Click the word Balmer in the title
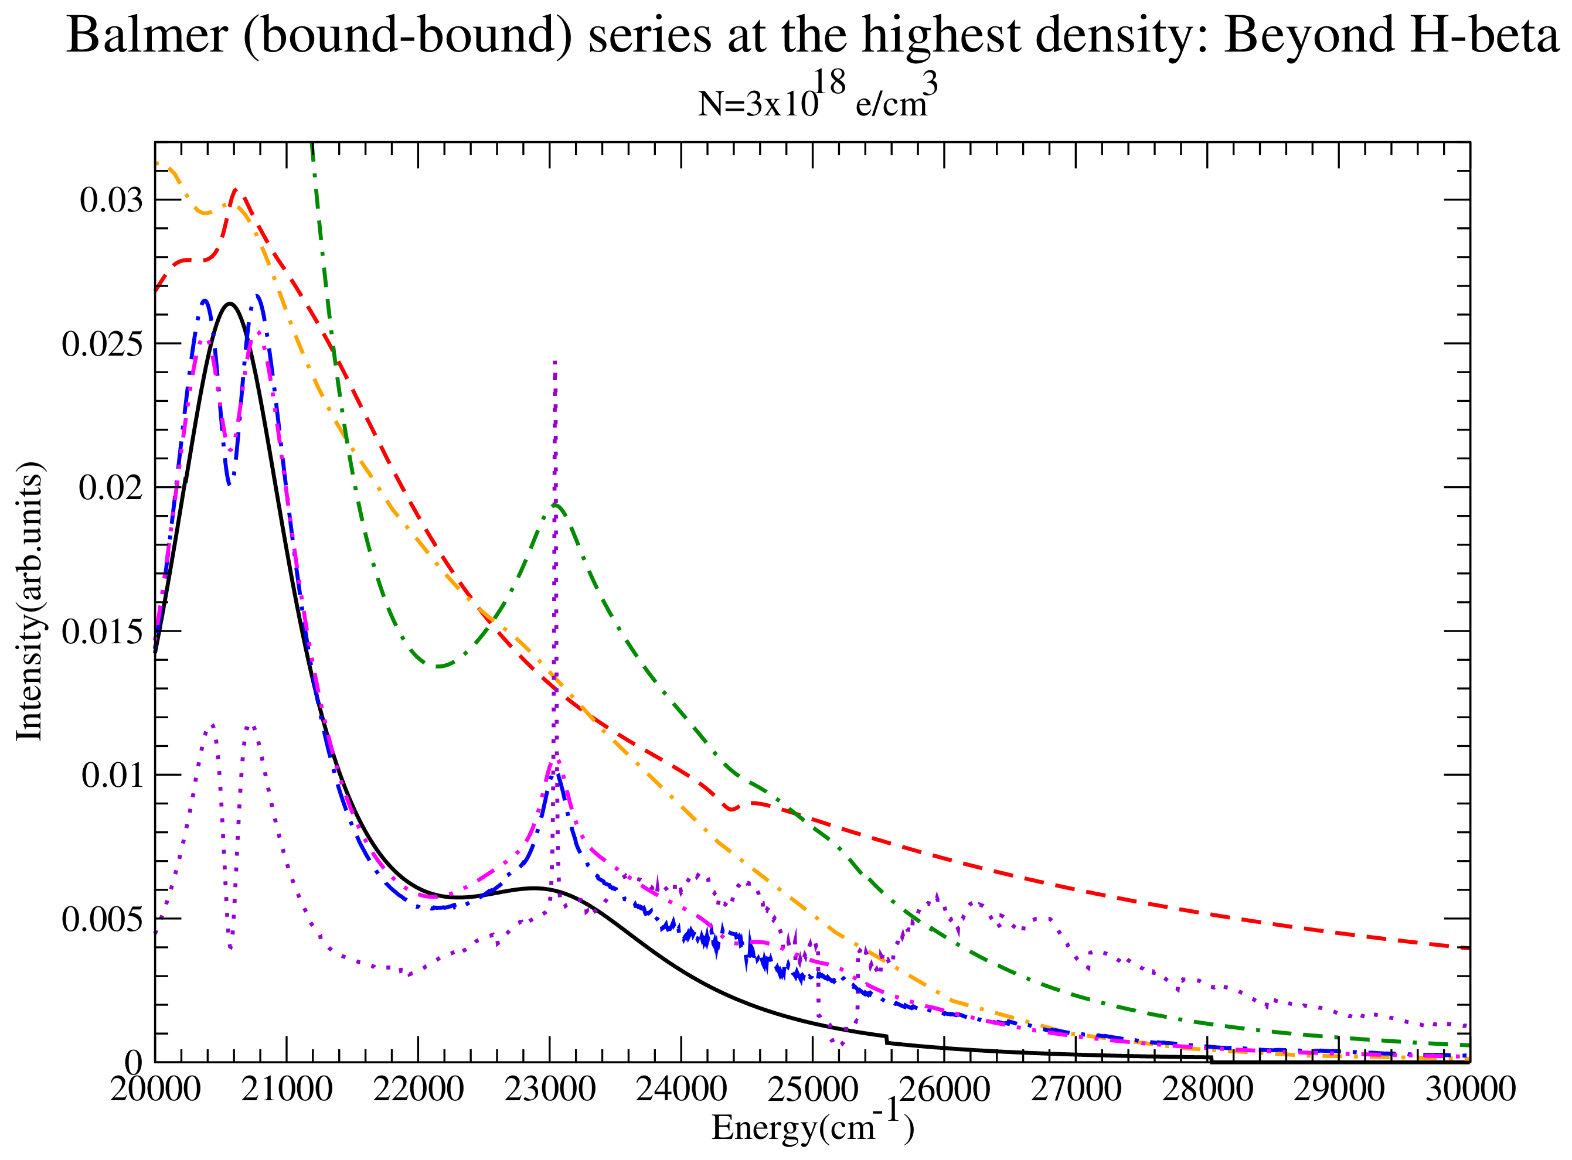coord(146,35)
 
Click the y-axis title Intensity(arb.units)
coord(29,601)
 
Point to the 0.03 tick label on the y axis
coord(111,200)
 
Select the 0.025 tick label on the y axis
coord(102,344)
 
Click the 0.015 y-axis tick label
coord(102,631)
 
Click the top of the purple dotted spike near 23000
coord(555,362)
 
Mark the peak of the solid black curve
coord(230,303)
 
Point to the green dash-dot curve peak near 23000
coord(556,504)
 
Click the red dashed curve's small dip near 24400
coord(732,809)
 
